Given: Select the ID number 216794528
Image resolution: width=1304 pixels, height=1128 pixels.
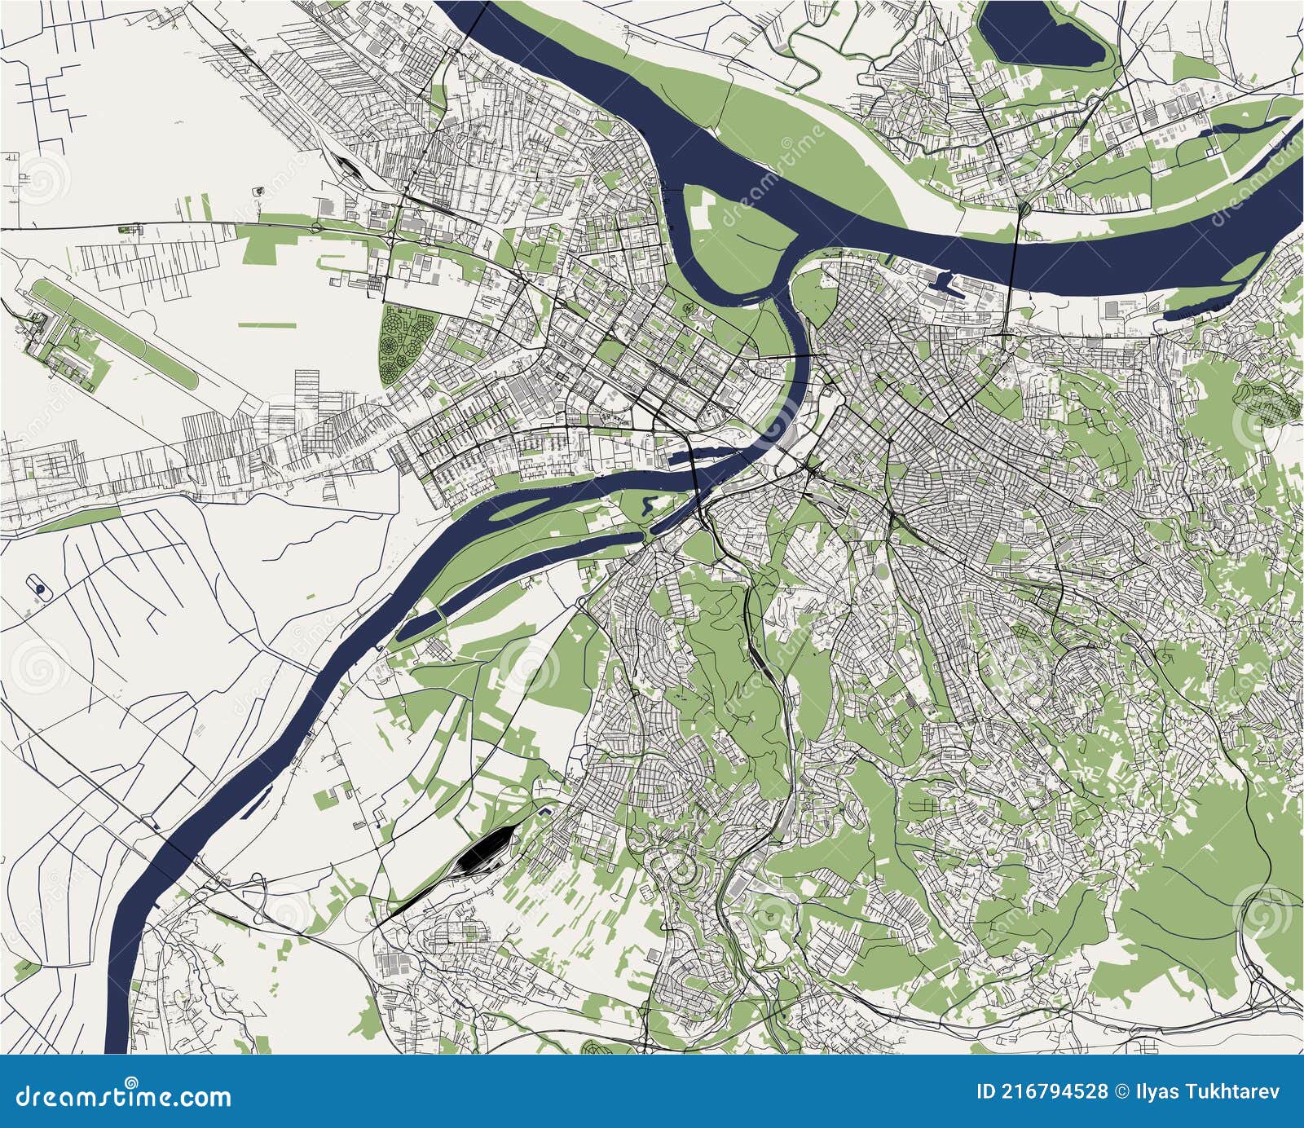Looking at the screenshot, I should [x=1043, y=1091].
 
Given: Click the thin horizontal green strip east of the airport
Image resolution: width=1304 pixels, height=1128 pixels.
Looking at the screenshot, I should [x=267, y=325].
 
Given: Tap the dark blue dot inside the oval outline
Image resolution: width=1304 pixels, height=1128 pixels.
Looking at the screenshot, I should [x=38, y=586].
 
